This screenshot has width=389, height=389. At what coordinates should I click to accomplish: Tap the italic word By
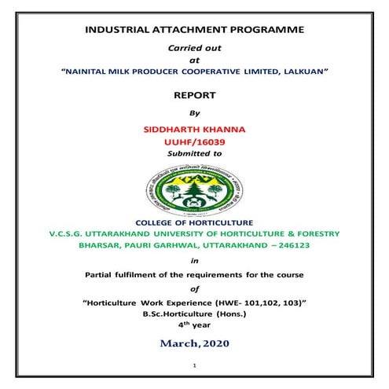[195, 112]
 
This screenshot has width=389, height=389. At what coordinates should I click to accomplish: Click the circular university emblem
[193, 193]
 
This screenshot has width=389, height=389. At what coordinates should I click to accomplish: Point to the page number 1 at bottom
[194, 365]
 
